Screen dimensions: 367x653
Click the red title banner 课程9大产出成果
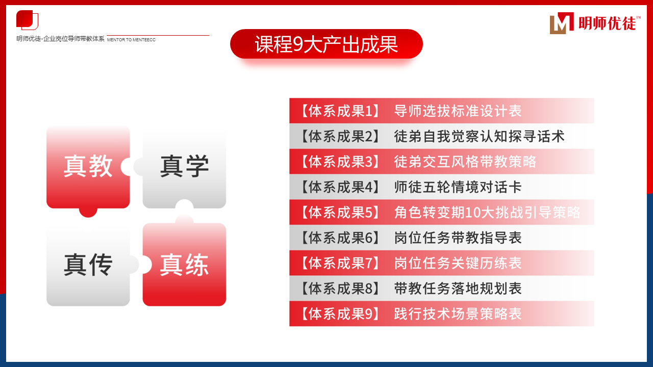click(326, 44)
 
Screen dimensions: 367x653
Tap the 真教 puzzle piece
click(88, 167)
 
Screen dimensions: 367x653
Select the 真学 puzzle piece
click(184, 167)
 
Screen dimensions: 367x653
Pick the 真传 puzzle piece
click(88, 265)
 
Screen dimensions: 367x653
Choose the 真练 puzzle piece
click(184, 265)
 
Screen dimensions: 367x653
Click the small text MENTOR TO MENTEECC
click(131, 40)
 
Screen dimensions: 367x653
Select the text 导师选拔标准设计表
click(458, 111)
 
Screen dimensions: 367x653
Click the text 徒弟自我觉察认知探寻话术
click(479, 136)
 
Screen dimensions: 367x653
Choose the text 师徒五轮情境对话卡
click(458, 187)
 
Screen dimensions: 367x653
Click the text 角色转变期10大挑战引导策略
click(487, 212)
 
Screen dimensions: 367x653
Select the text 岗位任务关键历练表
click(458, 263)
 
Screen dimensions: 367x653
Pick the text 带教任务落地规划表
click(458, 289)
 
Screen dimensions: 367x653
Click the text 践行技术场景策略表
click(458, 313)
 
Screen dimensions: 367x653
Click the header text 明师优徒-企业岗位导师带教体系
click(60, 39)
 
